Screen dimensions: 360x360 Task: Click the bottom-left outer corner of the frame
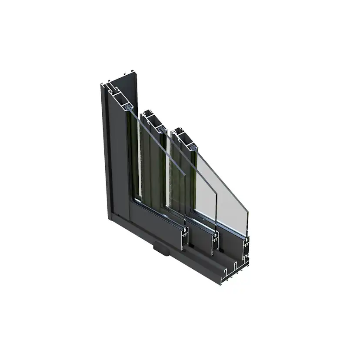[110, 220]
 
